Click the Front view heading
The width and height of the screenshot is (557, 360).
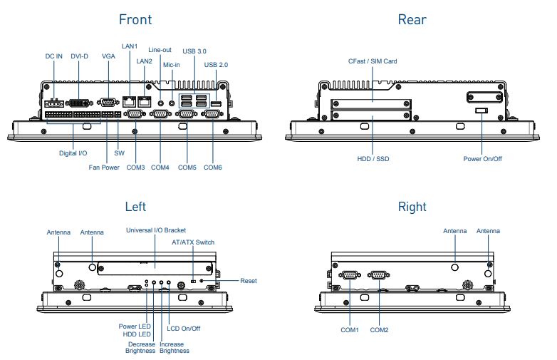(x=135, y=19)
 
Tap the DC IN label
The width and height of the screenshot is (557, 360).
(x=53, y=56)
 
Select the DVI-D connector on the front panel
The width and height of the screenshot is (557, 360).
(x=79, y=103)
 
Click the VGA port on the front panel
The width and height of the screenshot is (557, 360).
(x=108, y=103)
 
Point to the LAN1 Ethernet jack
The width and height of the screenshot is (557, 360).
(x=130, y=102)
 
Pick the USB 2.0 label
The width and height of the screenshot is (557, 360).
(x=216, y=65)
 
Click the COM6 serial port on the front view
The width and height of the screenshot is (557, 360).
(x=212, y=114)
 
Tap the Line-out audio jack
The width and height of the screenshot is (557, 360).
(x=160, y=103)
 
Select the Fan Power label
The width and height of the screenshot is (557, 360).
(x=104, y=168)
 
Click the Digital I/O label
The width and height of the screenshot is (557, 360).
(x=73, y=153)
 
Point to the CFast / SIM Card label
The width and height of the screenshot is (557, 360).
(x=373, y=61)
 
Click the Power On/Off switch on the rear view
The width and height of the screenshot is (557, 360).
(x=481, y=110)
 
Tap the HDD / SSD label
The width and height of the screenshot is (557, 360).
(x=373, y=159)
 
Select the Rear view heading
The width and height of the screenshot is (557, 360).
(x=412, y=19)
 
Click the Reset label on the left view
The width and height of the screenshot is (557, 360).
(x=249, y=281)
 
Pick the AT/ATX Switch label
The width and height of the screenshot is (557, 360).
(x=193, y=242)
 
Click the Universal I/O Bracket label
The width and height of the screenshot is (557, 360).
(x=156, y=230)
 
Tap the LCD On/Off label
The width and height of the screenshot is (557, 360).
(x=183, y=329)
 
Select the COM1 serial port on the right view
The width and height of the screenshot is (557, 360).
(x=350, y=274)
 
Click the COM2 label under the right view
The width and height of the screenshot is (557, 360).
(x=379, y=330)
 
